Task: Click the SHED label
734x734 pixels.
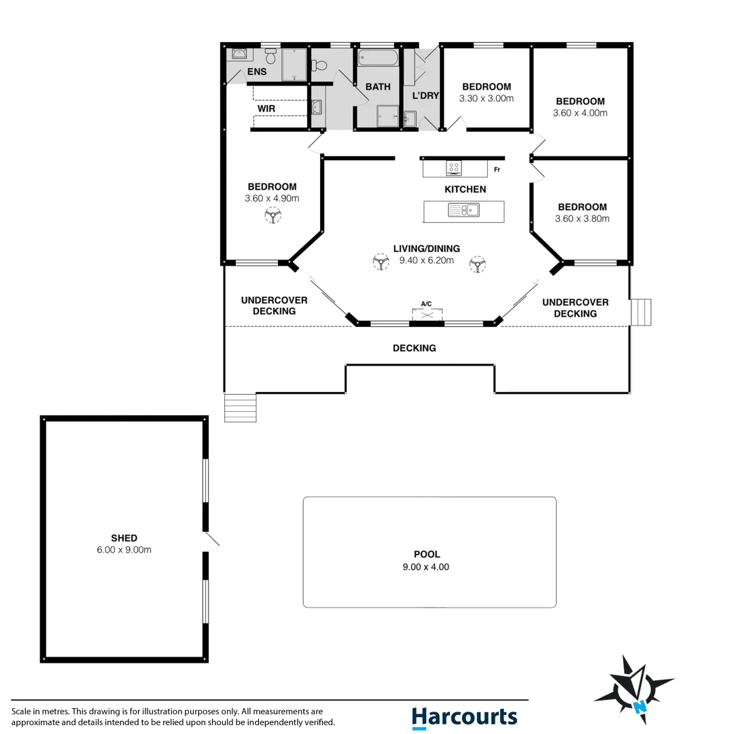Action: coord(124,538)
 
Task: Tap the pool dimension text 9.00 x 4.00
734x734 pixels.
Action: coord(427,567)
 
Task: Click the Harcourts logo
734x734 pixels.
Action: coord(464,717)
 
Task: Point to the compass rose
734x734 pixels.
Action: coord(633,689)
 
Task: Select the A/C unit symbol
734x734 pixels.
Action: coord(427,313)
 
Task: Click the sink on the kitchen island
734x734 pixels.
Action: coord(464,211)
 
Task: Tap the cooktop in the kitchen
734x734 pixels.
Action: coord(453,168)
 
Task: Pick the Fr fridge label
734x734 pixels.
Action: coord(497,169)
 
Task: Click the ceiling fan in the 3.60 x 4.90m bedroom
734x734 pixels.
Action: coord(273,216)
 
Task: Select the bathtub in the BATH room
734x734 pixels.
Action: coord(378,57)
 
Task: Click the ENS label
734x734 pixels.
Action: coord(257,72)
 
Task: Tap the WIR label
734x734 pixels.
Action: coord(266,109)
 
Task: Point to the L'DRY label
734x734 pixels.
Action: coord(425,96)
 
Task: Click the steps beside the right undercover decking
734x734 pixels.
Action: coord(641,313)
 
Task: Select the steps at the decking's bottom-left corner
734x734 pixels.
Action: coord(241,408)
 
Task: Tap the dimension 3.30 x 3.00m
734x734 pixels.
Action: coord(486,98)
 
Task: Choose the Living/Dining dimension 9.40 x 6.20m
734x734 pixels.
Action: coord(426,260)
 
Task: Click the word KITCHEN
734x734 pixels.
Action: coord(465,189)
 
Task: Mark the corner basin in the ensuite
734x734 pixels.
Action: coord(240,54)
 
